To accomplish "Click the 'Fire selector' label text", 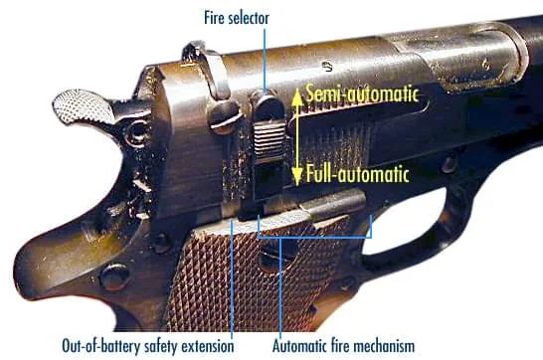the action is point(237,18).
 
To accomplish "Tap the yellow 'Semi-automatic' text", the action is point(362,94).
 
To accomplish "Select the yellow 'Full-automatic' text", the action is point(358,174).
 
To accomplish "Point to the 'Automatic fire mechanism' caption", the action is point(343,346).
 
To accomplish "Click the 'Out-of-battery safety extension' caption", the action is point(148,346).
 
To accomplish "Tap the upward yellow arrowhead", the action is point(297,96).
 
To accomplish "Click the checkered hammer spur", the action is point(84,106).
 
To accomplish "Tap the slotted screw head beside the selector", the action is point(225,116).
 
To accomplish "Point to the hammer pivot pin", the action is point(137,132).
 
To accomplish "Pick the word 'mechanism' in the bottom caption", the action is point(386,346).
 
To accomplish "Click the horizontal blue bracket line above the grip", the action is point(314,238).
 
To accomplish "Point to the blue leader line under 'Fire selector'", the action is point(265,62).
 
